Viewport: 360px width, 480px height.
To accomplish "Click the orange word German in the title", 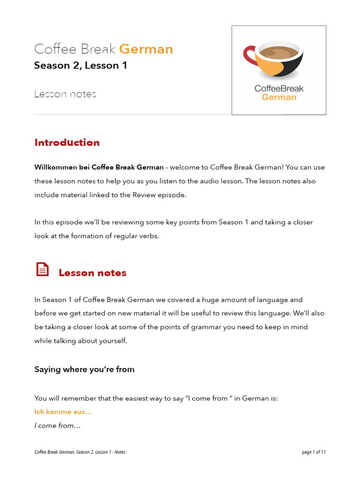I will click(146, 49).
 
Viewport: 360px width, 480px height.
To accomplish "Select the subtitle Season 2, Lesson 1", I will click(80, 66).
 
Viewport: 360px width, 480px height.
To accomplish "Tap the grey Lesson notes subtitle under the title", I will click(65, 94).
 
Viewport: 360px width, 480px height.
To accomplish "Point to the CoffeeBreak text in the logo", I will click(279, 89).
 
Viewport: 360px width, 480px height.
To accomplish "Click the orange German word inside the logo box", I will click(279, 97).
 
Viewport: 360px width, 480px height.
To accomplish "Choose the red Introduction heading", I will click(67, 142).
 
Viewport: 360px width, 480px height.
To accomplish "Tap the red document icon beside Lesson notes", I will click(42, 270).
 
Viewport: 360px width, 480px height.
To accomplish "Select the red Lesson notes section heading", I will click(92, 273).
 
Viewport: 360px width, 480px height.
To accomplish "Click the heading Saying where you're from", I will click(84, 369).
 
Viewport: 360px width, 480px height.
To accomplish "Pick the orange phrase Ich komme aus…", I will click(63, 412).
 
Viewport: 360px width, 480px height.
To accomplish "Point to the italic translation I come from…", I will click(57, 426).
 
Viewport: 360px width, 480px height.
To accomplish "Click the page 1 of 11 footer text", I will click(314, 452).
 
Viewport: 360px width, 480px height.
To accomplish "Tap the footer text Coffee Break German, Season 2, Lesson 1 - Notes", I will click(80, 452).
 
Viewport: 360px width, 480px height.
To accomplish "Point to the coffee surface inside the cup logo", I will click(278, 53).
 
